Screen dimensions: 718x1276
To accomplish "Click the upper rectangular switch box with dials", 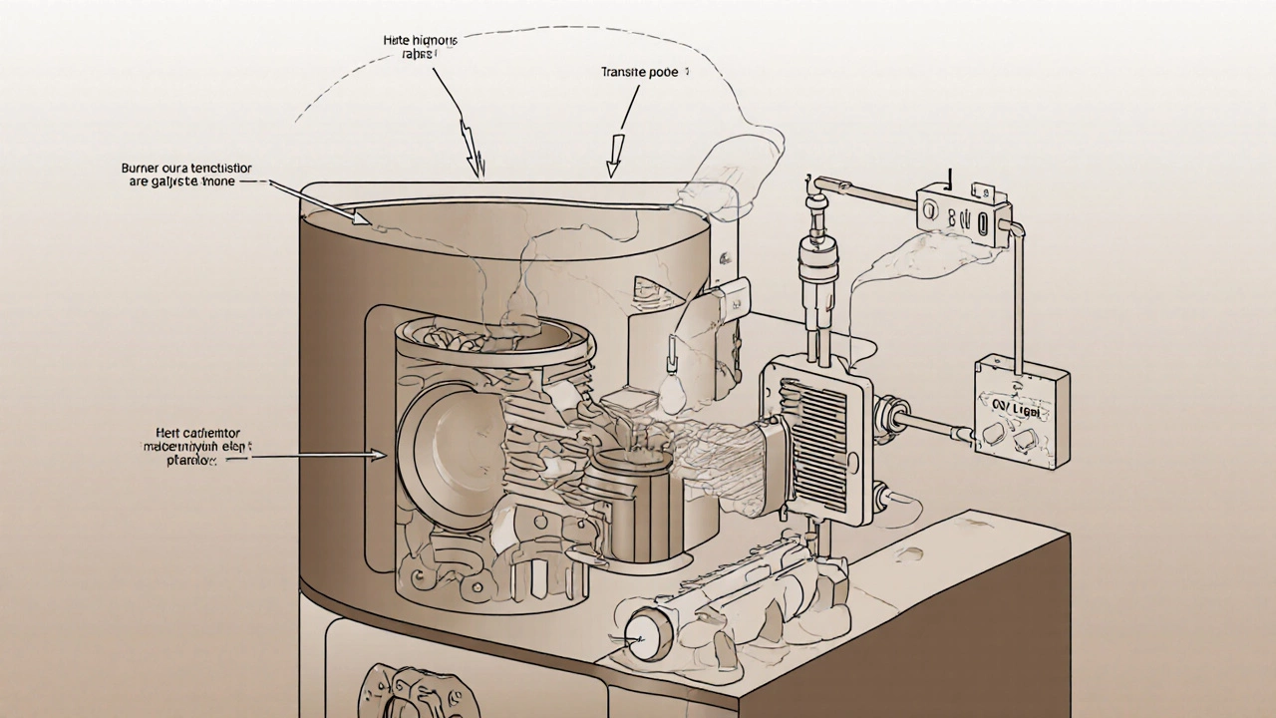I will click(x=963, y=212).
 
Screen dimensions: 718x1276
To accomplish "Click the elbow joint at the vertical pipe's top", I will click(x=816, y=186).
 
